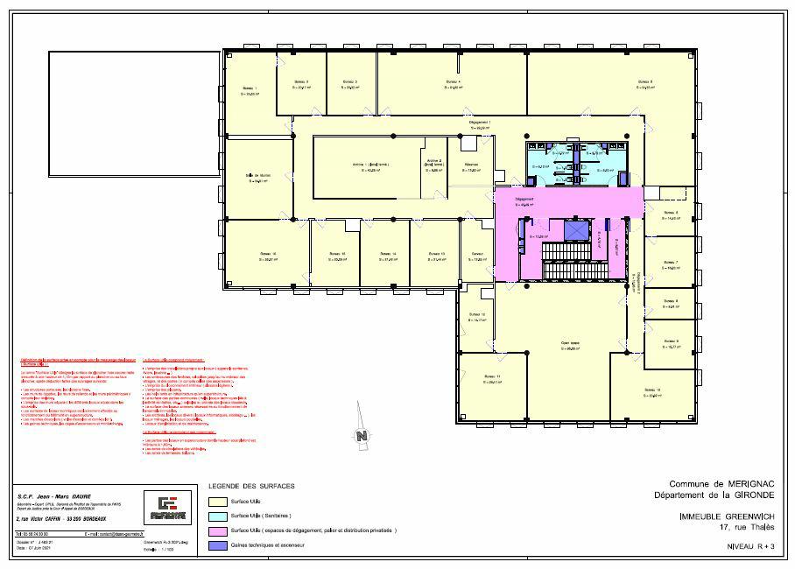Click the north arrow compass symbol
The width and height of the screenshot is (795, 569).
coord(360,435)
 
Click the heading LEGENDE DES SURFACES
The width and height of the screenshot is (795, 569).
coord(251,486)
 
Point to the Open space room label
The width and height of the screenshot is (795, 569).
coord(572,343)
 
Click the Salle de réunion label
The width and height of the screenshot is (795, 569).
coord(257,175)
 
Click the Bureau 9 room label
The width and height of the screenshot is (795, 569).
coord(672,341)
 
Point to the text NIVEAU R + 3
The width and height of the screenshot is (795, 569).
coord(750,545)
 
